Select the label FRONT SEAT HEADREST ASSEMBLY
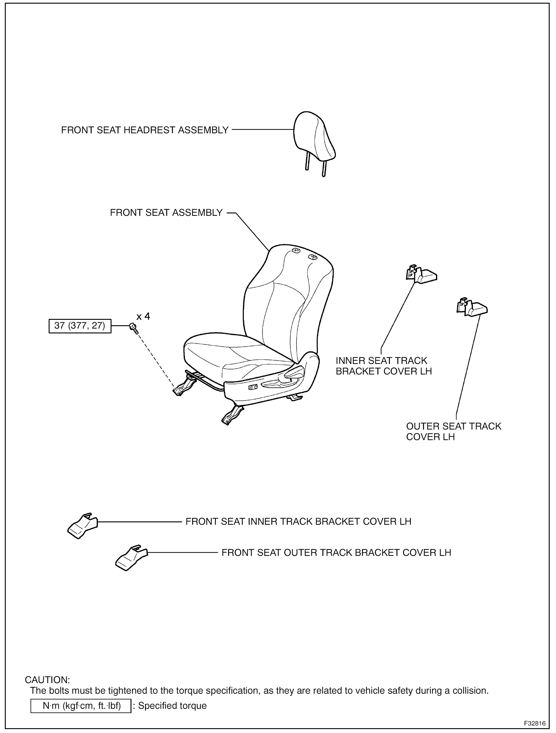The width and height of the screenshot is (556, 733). tap(145, 130)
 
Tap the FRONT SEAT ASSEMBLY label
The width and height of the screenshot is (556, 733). tap(166, 213)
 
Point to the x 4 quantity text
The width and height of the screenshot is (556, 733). tap(143, 317)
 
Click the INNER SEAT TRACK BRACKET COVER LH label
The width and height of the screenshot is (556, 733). tap(384, 366)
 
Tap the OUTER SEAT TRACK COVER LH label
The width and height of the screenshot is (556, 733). tap(453, 431)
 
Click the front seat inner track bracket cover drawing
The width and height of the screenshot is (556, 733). tap(82, 526)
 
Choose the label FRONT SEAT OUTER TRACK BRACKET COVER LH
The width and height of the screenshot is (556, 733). tap(336, 553)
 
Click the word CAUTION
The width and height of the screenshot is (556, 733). tap(47, 680)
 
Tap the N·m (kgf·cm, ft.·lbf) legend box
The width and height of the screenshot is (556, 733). tap(81, 706)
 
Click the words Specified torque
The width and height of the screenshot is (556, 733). tap(172, 706)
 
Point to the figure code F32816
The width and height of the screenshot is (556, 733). tap(534, 723)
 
